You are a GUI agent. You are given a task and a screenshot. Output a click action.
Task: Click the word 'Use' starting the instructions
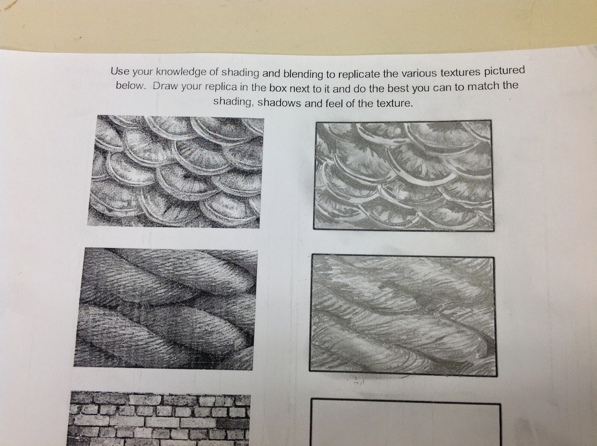[x=119, y=70]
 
